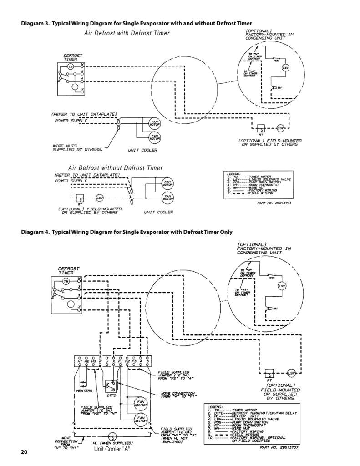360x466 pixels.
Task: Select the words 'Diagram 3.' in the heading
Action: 35,23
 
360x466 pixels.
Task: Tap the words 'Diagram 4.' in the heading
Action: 35,232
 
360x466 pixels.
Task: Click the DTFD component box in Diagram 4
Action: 111,385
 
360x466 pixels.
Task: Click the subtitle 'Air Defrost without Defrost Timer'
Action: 115,168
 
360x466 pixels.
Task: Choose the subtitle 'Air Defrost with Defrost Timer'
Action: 127,33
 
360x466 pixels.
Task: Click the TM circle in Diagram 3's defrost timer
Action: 71,67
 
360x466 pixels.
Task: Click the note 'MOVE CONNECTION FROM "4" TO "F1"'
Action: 178,395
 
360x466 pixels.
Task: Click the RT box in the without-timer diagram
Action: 79,198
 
